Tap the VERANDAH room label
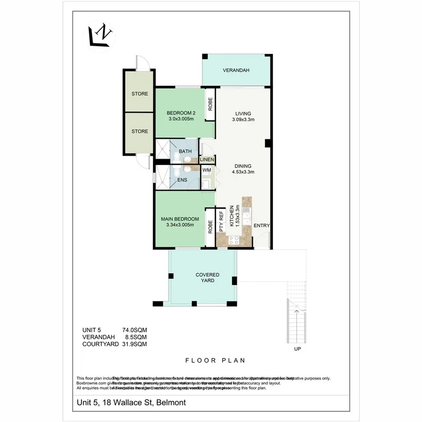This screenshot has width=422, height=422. click(x=236, y=70)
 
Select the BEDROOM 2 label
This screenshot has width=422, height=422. click(x=181, y=113)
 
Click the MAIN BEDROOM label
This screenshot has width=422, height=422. click(x=180, y=219)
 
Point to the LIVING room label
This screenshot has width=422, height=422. click(x=243, y=113)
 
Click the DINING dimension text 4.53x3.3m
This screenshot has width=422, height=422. click(x=243, y=172)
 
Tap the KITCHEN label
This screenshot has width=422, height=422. click(x=231, y=217)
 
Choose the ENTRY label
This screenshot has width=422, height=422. click(x=262, y=226)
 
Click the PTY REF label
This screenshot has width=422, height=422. click(x=222, y=222)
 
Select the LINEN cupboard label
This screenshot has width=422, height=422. click(x=207, y=160)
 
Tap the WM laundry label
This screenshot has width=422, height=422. click(x=206, y=170)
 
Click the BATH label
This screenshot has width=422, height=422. click(x=185, y=151)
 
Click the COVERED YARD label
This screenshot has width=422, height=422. click(x=207, y=278)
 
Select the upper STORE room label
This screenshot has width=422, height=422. click(x=139, y=94)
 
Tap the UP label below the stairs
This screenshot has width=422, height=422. click(x=297, y=349)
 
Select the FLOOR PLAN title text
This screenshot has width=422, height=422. click(x=215, y=361)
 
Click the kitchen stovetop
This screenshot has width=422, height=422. click(x=234, y=241)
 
